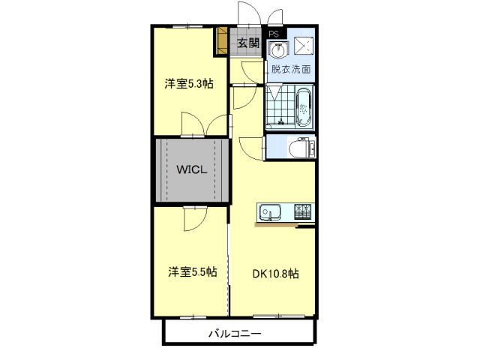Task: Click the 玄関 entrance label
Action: (x=248, y=43)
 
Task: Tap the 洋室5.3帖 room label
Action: (x=189, y=83)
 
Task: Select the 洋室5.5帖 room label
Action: (x=193, y=271)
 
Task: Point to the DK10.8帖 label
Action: (x=275, y=273)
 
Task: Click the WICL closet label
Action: (x=192, y=169)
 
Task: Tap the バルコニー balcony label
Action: (x=235, y=333)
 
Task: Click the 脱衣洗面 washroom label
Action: (x=291, y=69)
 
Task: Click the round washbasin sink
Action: (x=278, y=50)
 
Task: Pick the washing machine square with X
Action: (x=304, y=46)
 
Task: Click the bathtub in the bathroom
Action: (x=304, y=107)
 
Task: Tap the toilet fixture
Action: (x=301, y=148)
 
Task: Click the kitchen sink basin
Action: (x=270, y=211)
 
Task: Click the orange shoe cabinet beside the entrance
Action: (x=222, y=41)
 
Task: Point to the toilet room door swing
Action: (x=251, y=148)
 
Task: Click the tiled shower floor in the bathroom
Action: (x=280, y=106)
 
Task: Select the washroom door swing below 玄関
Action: (x=253, y=72)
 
